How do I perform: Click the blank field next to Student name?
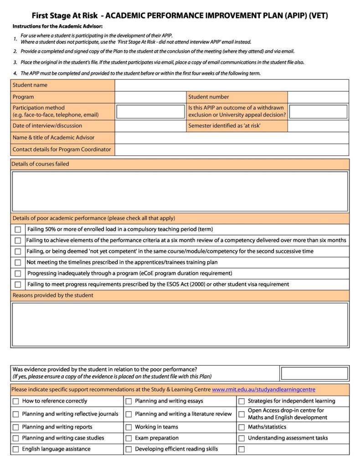tap(231, 85)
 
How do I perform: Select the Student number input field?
tap(318, 97)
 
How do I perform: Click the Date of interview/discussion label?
tap(47, 126)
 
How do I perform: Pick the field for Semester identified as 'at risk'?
tap(318, 126)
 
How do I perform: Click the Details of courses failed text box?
tap(180, 191)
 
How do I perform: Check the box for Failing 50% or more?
tap(18, 229)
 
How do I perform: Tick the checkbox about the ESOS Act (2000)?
tap(18, 285)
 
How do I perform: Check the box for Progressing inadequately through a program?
tap(18, 274)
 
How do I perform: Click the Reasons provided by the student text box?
tap(180, 324)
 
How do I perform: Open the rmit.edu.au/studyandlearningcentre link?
tap(263, 389)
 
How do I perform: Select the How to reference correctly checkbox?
tap(16, 401)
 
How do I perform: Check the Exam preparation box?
tap(129, 438)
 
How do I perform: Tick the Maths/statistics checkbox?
tap(242, 427)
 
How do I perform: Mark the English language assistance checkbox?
tap(16, 449)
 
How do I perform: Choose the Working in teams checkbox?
tap(129, 427)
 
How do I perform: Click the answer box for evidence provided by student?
tap(314, 373)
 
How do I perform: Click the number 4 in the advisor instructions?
tap(15, 73)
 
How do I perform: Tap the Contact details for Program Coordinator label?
tap(62, 150)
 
